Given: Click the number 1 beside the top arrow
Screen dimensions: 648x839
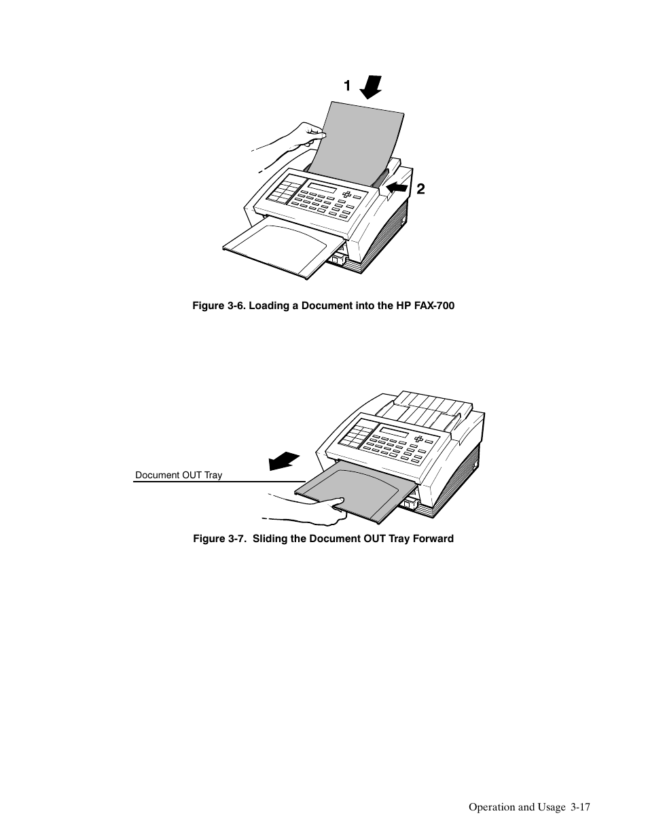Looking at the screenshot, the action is pos(347,86).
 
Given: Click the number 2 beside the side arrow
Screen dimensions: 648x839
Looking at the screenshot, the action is pos(420,190).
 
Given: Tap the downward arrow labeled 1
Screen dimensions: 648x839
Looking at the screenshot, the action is pos(370,88).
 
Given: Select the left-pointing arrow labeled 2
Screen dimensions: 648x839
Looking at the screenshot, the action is pos(397,185).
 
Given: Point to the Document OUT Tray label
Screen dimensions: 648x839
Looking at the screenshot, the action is pos(179,476).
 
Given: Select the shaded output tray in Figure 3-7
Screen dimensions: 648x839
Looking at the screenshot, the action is pos(357,490).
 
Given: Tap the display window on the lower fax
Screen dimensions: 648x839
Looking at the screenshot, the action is pos(394,433).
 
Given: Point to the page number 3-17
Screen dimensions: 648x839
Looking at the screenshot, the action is pos(581,808).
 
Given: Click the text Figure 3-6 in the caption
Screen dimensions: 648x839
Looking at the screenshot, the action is pos(217,306).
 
